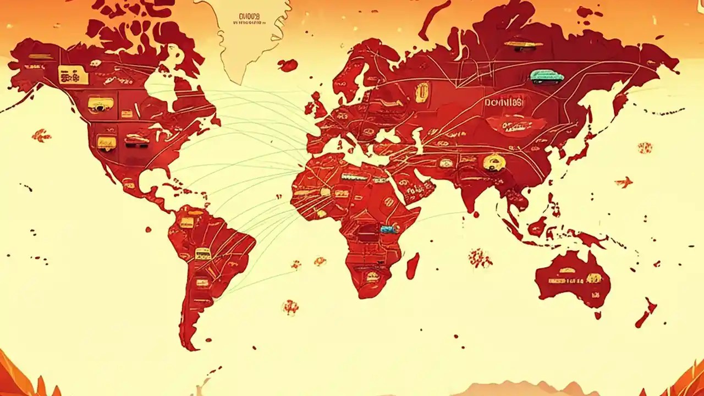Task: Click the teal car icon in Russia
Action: tap(547, 76)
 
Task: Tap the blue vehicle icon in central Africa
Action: tap(388, 228)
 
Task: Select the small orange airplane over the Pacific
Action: tap(624, 182)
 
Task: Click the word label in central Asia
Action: tap(504, 102)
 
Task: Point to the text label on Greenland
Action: tap(249, 20)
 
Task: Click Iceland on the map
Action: tap(288, 65)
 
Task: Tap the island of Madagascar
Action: tap(413, 266)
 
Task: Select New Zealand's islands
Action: tap(646, 312)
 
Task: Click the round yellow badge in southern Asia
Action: tap(491, 162)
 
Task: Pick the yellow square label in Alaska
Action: tap(73, 75)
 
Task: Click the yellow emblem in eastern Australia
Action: tap(593, 278)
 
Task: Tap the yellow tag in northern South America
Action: tap(187, 222)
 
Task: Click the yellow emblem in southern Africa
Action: tap(372, 277)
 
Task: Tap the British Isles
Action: tap(317, 105)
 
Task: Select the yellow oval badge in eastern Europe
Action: tap(422, 92)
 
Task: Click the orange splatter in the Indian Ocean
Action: tap(480, 257)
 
